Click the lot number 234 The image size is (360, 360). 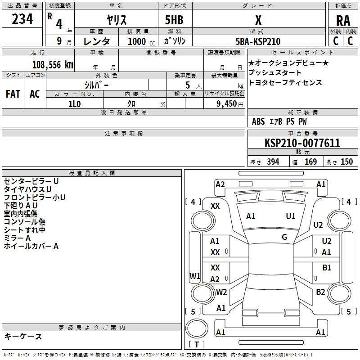[22, 19]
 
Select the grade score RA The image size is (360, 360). [343, 21]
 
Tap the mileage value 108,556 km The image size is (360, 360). [53, 65]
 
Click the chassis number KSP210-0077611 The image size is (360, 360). [302, 143]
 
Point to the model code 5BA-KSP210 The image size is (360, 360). [258, 41]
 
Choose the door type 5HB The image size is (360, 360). [174, 20]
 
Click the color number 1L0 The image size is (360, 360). [74, 104]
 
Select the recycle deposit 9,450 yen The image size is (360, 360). [229, 104]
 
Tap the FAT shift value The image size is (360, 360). [13, 94]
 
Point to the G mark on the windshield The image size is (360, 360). [284, 237]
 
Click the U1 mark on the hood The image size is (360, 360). [290, 216]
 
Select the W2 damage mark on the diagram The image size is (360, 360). [221, 292]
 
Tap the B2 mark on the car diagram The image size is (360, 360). [320, 292]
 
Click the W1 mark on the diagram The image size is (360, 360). [195, 276]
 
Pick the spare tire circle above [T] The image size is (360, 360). [197, 328]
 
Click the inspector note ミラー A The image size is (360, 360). [17, 238]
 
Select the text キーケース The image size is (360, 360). [23, 336]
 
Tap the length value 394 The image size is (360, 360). [273, 162]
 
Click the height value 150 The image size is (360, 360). [346, 162]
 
